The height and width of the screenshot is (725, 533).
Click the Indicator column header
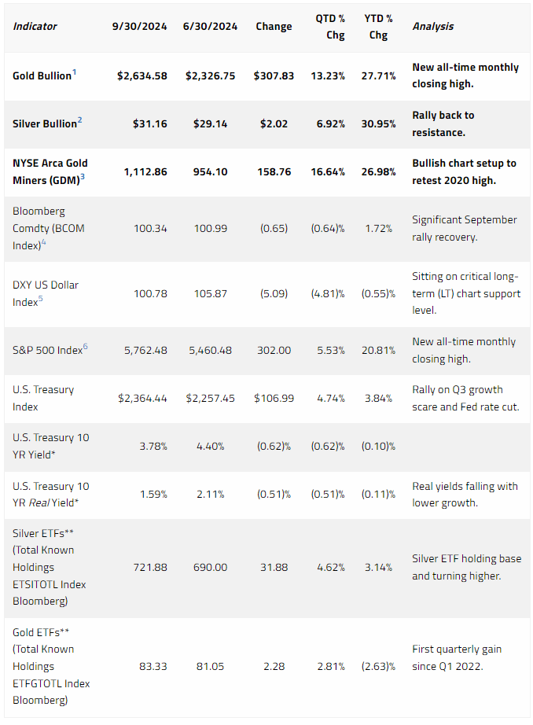(x=35, y=27)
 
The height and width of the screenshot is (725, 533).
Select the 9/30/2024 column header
(x=140, y=27)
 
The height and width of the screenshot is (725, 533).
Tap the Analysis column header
(x=432, y=27)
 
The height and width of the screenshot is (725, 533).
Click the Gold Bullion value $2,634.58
(x=142, y=75)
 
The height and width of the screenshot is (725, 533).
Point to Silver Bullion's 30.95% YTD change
(x=378, y=124)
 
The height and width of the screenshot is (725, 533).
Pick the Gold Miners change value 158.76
(x=274, y=172)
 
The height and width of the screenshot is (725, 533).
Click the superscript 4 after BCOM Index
(x=44, y=242)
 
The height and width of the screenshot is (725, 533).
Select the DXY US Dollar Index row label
(x=46, y=293)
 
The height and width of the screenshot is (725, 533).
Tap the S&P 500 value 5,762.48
(x=145, y=351)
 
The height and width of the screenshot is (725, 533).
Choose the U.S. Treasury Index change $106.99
(x=274, y=398)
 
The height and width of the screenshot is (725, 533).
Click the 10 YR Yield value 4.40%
(x=211, y=446)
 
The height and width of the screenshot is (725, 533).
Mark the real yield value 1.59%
(x=153, y=495)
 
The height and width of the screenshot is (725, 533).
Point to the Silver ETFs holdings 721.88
(x=150, y=567)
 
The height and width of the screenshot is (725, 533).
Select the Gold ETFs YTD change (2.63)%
(x=378, y=666)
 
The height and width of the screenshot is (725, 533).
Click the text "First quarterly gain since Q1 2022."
(x=457, y=657)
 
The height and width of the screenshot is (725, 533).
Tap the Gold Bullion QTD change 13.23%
(x=328, y=75)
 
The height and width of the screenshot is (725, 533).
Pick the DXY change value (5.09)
(x=274, y=293)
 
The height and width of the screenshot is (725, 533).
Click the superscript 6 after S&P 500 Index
(x=85, y=347)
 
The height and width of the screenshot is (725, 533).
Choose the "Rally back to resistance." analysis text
(x=443, y=124)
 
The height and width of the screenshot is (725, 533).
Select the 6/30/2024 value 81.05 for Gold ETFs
(x=211, y=666)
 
